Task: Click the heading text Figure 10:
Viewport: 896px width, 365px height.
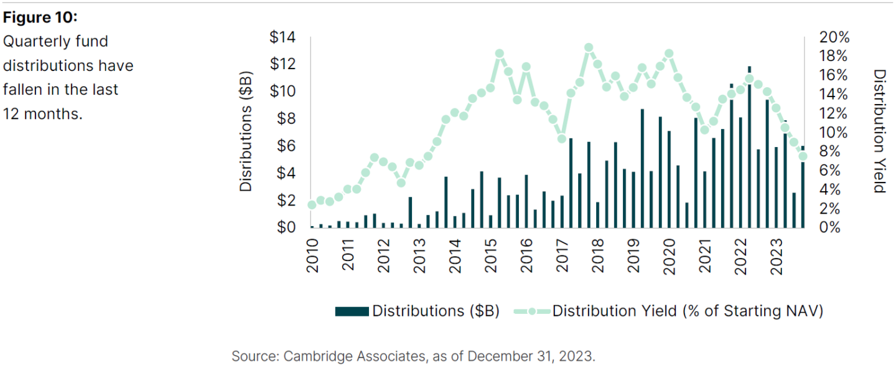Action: point(40,17)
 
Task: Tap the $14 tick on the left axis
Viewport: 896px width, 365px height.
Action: point(282,37)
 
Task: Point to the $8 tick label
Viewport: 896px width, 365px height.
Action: point(286,119)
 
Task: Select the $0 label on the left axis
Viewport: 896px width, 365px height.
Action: point(286,227)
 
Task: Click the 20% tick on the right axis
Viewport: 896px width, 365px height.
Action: point(834,37)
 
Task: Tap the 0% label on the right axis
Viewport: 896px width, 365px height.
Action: point(830,227)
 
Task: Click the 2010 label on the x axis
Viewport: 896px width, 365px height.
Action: point(312,256)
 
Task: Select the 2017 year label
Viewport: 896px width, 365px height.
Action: point(562,256)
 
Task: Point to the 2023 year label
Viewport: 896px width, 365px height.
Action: point(776,257)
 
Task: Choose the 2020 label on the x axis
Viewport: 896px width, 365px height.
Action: point(670,257)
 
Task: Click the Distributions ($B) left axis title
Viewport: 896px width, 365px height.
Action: point(246,131)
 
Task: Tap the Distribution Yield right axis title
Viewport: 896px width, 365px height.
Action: point(880,131)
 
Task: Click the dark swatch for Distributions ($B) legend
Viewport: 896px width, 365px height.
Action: point(352,311)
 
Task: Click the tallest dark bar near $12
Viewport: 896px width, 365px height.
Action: point(749,147)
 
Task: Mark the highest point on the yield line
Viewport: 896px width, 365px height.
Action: point(589,47)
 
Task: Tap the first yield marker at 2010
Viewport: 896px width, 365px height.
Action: point(312,205)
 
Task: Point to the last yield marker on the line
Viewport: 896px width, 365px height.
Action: point(803,156)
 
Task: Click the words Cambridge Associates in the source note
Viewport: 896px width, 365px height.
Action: point(355,356)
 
